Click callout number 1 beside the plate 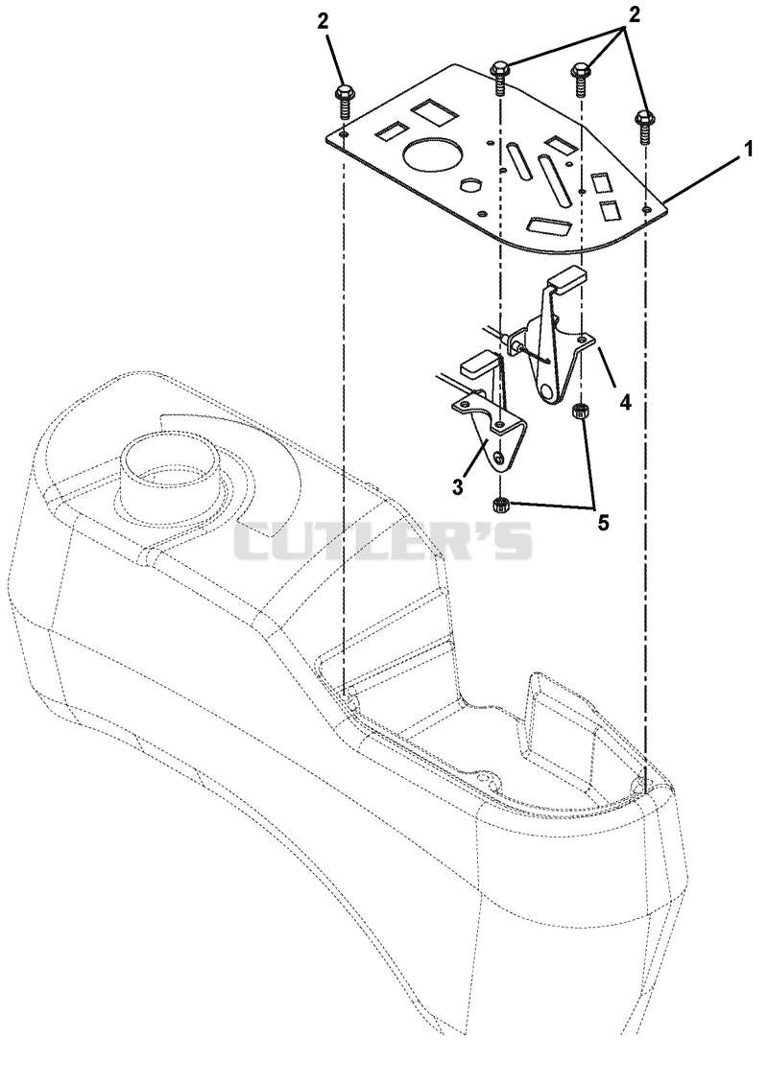point(747,150)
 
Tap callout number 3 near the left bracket point(457,486)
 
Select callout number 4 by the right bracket point(625,402)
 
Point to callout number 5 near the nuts point(604,523)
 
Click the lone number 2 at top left point(324,21)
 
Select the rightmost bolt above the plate point(644,126)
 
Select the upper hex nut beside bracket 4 point(581,412)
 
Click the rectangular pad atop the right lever point(568,278)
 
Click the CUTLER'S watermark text point(384,541)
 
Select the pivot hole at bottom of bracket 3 point(499,458)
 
